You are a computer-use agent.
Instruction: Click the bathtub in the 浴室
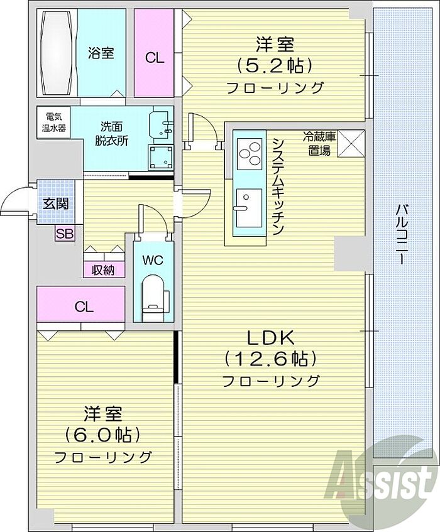coord(57,53)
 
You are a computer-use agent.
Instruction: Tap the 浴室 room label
coord(101,53)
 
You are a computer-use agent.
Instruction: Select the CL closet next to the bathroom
coord(154,53)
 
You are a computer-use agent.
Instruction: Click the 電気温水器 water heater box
coord(53,122)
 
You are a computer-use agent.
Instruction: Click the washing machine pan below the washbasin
coord(160,157)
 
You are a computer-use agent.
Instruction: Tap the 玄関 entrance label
coord(56,204)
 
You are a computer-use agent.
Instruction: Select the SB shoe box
coord(65,234)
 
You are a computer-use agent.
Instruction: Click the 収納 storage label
coord(103,270)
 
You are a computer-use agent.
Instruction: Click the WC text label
coord(153,260)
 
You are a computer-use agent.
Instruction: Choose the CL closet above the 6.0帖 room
coord(81,304)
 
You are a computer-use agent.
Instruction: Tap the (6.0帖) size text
coord(102,435)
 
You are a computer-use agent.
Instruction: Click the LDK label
coord(270,338)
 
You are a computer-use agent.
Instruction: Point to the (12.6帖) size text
coord(270,359)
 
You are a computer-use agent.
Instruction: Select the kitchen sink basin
coord(249,208)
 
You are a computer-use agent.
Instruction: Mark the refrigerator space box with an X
coord(351,144)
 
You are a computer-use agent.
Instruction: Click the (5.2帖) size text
coord(275,66)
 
